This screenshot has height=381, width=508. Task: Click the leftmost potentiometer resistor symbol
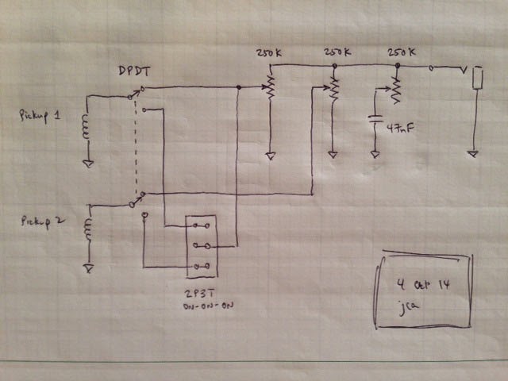click(x=270, y=87)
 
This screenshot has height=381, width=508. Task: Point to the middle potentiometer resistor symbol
click(x=334, y=89)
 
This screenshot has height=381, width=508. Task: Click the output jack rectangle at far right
click(x=476, y=78)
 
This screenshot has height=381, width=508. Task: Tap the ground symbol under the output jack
click(x=473, y=152)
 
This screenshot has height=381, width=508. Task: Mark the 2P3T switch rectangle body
click(x=200, y=246)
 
